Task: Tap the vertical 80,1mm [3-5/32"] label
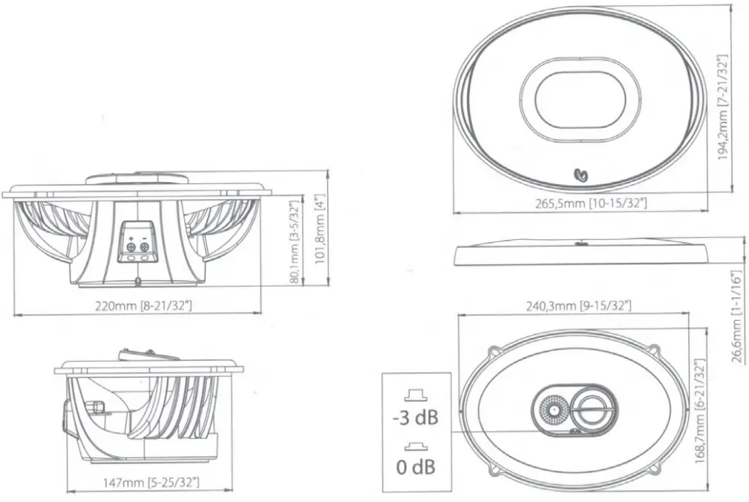pyautogui.click(x=295, y=241)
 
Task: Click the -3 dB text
pyautogui.click(x=414, y=418)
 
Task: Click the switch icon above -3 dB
pyautogui.click(x=413, y=394)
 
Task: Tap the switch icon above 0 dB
pyautogui.click(x=413, y=447)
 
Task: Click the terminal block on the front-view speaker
pyautogui.click(x=137, y=241)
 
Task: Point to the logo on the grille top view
pyautogui.click(x=583, y=175)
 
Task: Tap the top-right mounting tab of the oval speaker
pyautogui.click(x=652, y=348)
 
